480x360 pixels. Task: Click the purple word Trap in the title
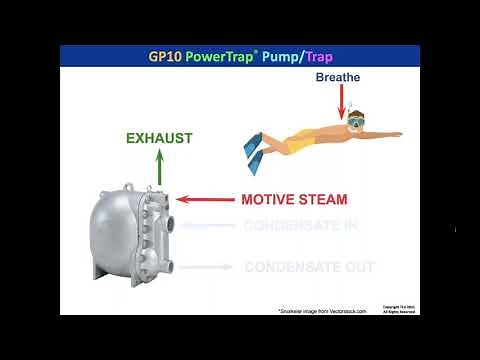(318, 55)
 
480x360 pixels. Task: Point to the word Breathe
(337, 76)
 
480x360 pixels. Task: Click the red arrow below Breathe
(341, 101)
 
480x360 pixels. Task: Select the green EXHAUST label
(159, 137)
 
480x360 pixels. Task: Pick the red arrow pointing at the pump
(204, 199)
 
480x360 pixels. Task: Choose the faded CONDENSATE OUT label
(309, 267)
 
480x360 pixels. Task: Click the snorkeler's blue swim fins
(256, 147)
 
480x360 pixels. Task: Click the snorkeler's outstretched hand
(395, 133)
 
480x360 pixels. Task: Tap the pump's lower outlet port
(171, 267)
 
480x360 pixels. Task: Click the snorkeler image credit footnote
(322, 311)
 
